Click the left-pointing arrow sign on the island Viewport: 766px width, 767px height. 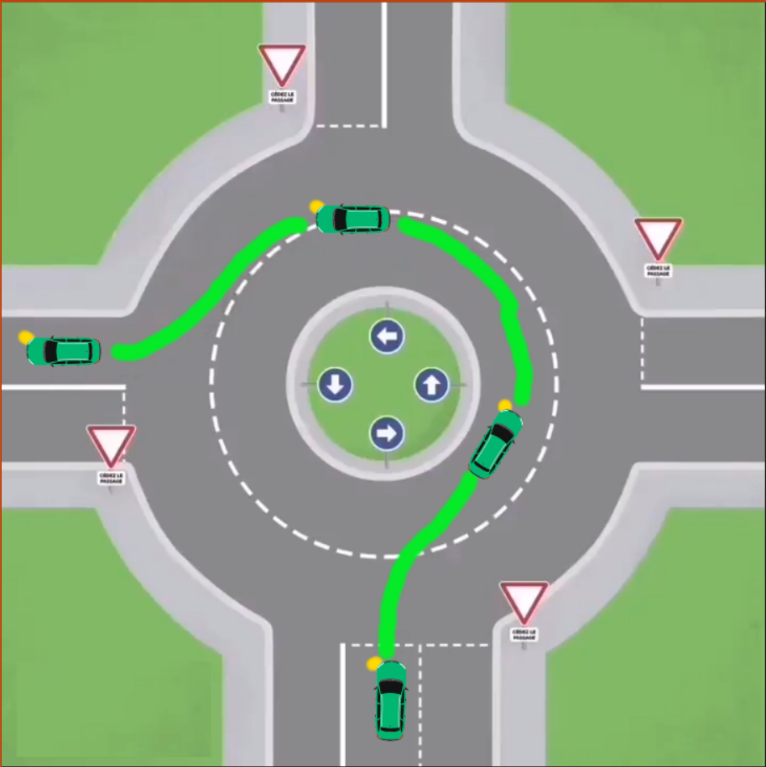click(387, 337)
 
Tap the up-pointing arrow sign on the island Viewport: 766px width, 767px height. click(432, 386)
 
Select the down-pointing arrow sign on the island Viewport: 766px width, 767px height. click(336, 386)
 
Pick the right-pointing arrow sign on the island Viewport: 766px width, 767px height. click(387, 433)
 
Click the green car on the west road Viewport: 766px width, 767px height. click(64, 350)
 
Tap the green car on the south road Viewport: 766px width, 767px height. click(390, 700)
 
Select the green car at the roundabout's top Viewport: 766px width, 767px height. click(352, 219)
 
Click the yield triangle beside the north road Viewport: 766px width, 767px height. click(281, 65)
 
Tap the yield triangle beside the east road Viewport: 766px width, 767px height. click(658, 238)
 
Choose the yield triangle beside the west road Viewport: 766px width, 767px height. click(112, 445)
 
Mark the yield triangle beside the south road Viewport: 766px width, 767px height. click(524, 602)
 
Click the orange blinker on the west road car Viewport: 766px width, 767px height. click(26, 337)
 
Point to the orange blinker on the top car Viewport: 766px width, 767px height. click(316, 205)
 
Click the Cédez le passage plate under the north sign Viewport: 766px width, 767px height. click(281, 97)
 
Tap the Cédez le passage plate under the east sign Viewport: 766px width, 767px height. click(658, 271)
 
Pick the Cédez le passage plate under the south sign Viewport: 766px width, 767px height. click(524, 635)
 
